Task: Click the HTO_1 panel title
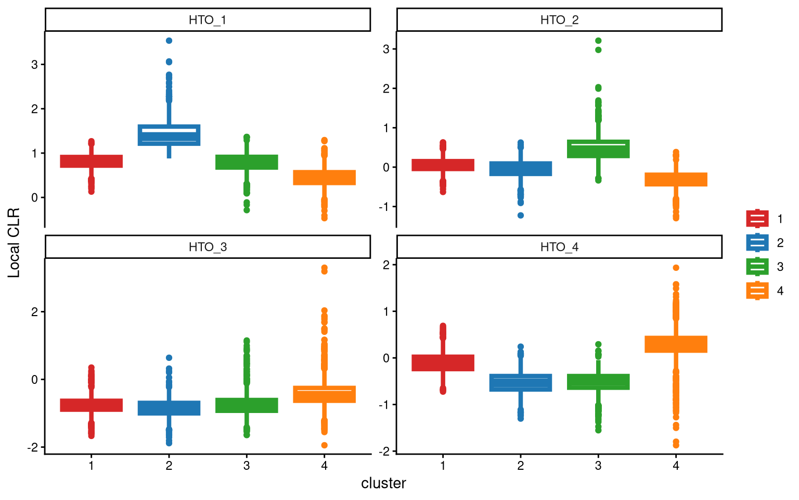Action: coord(208,20)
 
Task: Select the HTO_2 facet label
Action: coord(559,20)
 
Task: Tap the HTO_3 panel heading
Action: coord(208,247)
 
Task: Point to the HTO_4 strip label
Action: coord(559,247)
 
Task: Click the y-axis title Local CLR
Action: coord(14,243)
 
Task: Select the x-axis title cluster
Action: coord(383,483)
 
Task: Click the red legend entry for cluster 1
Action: coord(757,219)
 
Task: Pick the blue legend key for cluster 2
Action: coord(757,243)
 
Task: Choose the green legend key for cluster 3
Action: coord(757,267)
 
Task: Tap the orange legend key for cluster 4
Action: coord(757,291)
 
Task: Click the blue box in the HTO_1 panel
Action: coord(169,135)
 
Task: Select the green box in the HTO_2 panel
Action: coord(598,149)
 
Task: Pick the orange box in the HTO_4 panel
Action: coord(676,344)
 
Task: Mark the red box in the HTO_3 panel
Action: coord(92,405)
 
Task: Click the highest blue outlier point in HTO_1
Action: coord(169,41)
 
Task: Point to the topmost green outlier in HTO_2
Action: coord(598,41)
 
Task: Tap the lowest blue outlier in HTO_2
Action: coord(521,215)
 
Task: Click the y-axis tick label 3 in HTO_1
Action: coord(34,65)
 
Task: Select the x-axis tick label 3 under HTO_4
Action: coord(598,466)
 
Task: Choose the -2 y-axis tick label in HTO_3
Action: coord(34,447)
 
